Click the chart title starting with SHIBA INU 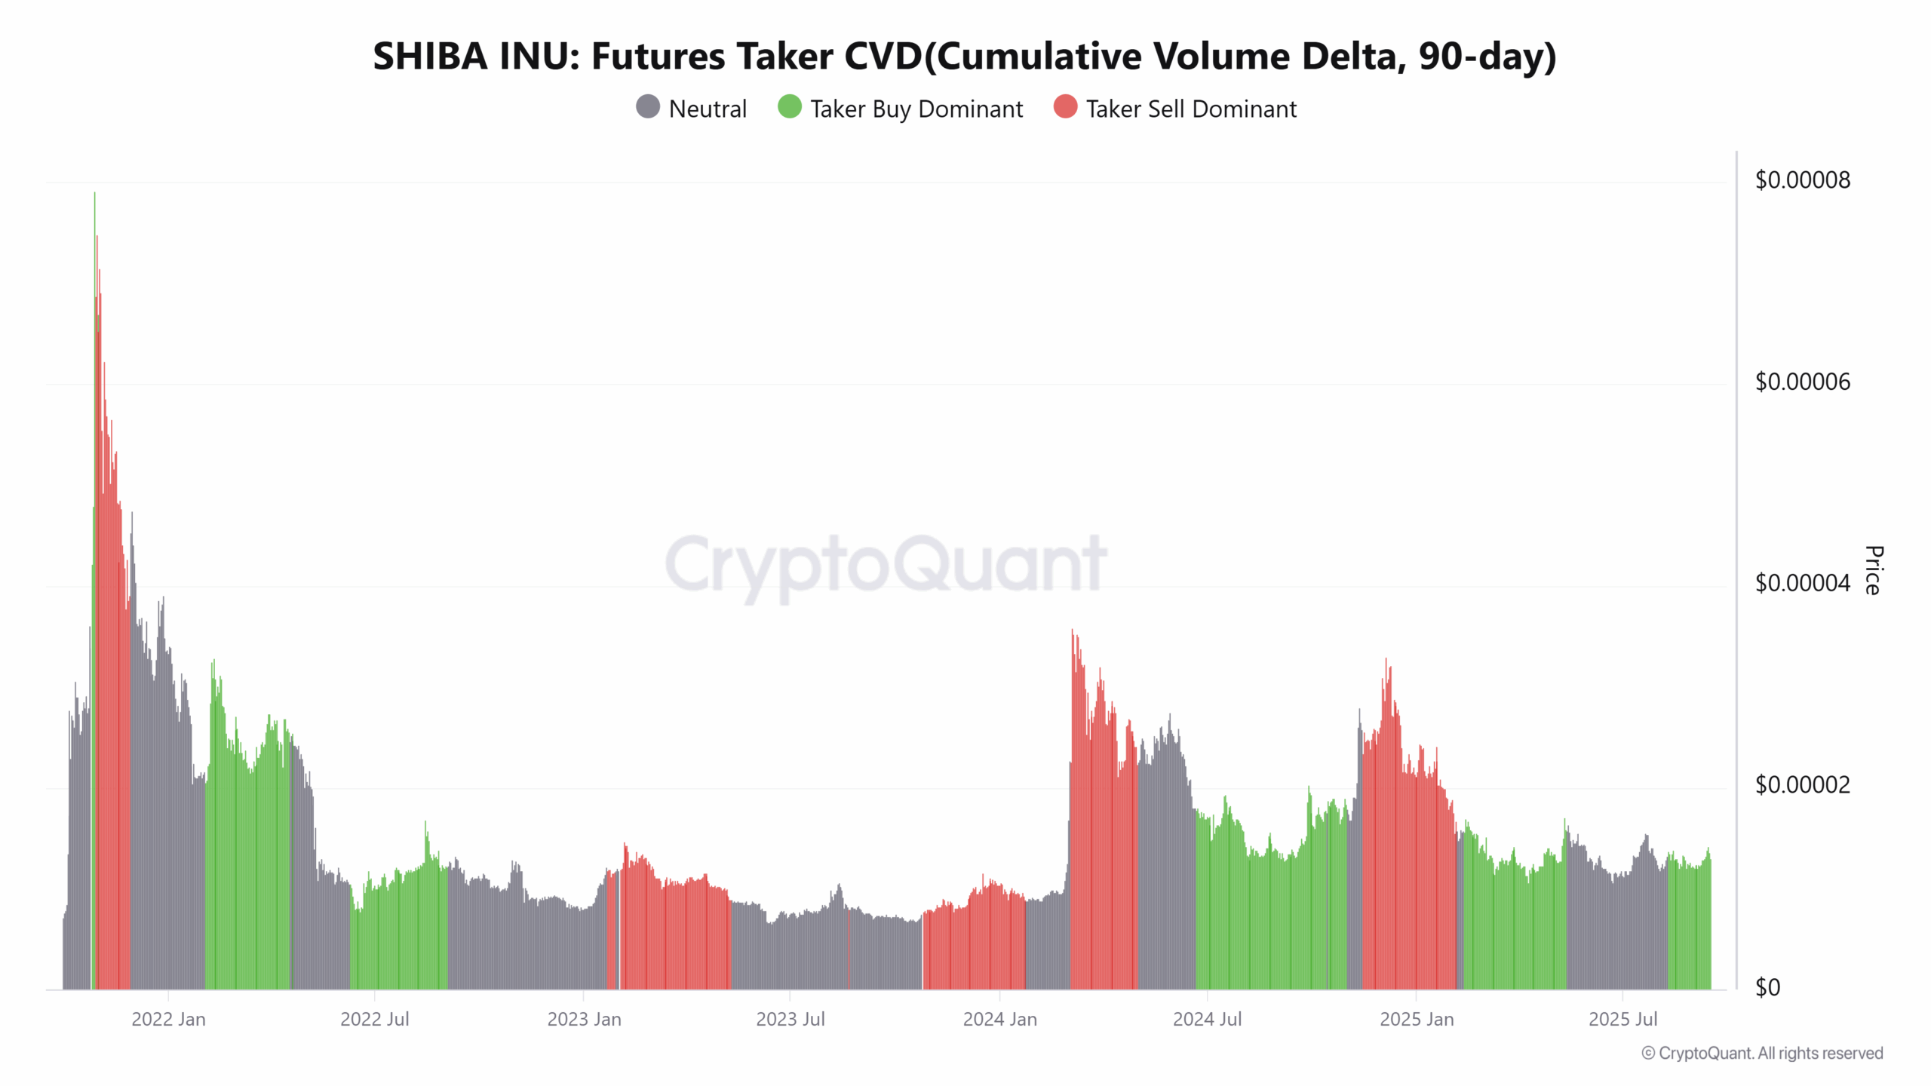click(964, 57)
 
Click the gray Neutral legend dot click(648, 107)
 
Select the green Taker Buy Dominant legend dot click(789, 107)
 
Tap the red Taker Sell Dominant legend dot click(1065, 107)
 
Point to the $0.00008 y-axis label click(1802, 180)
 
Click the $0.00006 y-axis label click(1802, 382)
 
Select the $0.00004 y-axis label click(1802, 584)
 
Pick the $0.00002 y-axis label click(1802, 785)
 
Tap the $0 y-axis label click(1767, 987)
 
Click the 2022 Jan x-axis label click(168, 1020)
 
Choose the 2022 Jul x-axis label click(374, 1020)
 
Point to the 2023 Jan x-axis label click(584, 1020)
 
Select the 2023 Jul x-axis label click(790, 1020)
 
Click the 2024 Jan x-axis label click(999, 1020)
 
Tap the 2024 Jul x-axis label click(1207, 1020)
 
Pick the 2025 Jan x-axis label click(1416, 1020)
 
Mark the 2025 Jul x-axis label click(1622, 1020)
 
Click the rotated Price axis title click(1873, 570)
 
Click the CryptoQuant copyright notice click(1762, 1054)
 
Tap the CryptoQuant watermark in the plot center click(886, 564)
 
